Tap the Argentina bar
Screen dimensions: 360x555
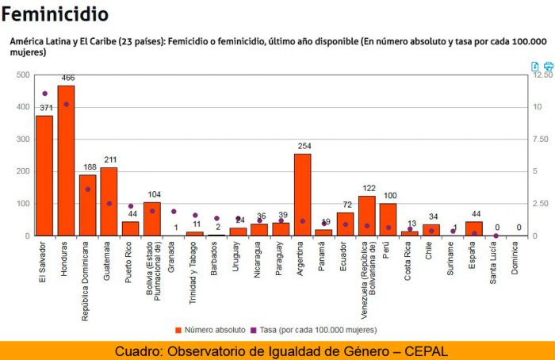coord(302,194)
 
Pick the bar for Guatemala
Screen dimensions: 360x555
coord(109,201)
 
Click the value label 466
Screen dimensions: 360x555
coord(68,78)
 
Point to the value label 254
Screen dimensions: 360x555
coord(304,146)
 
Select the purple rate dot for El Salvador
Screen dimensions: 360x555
coord(44,94)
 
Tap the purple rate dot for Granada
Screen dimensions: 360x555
coord(174,212)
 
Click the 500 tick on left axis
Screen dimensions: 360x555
coord(23,75)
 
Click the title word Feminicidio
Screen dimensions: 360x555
coord(55,13)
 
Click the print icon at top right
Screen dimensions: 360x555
coord(548,67)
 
